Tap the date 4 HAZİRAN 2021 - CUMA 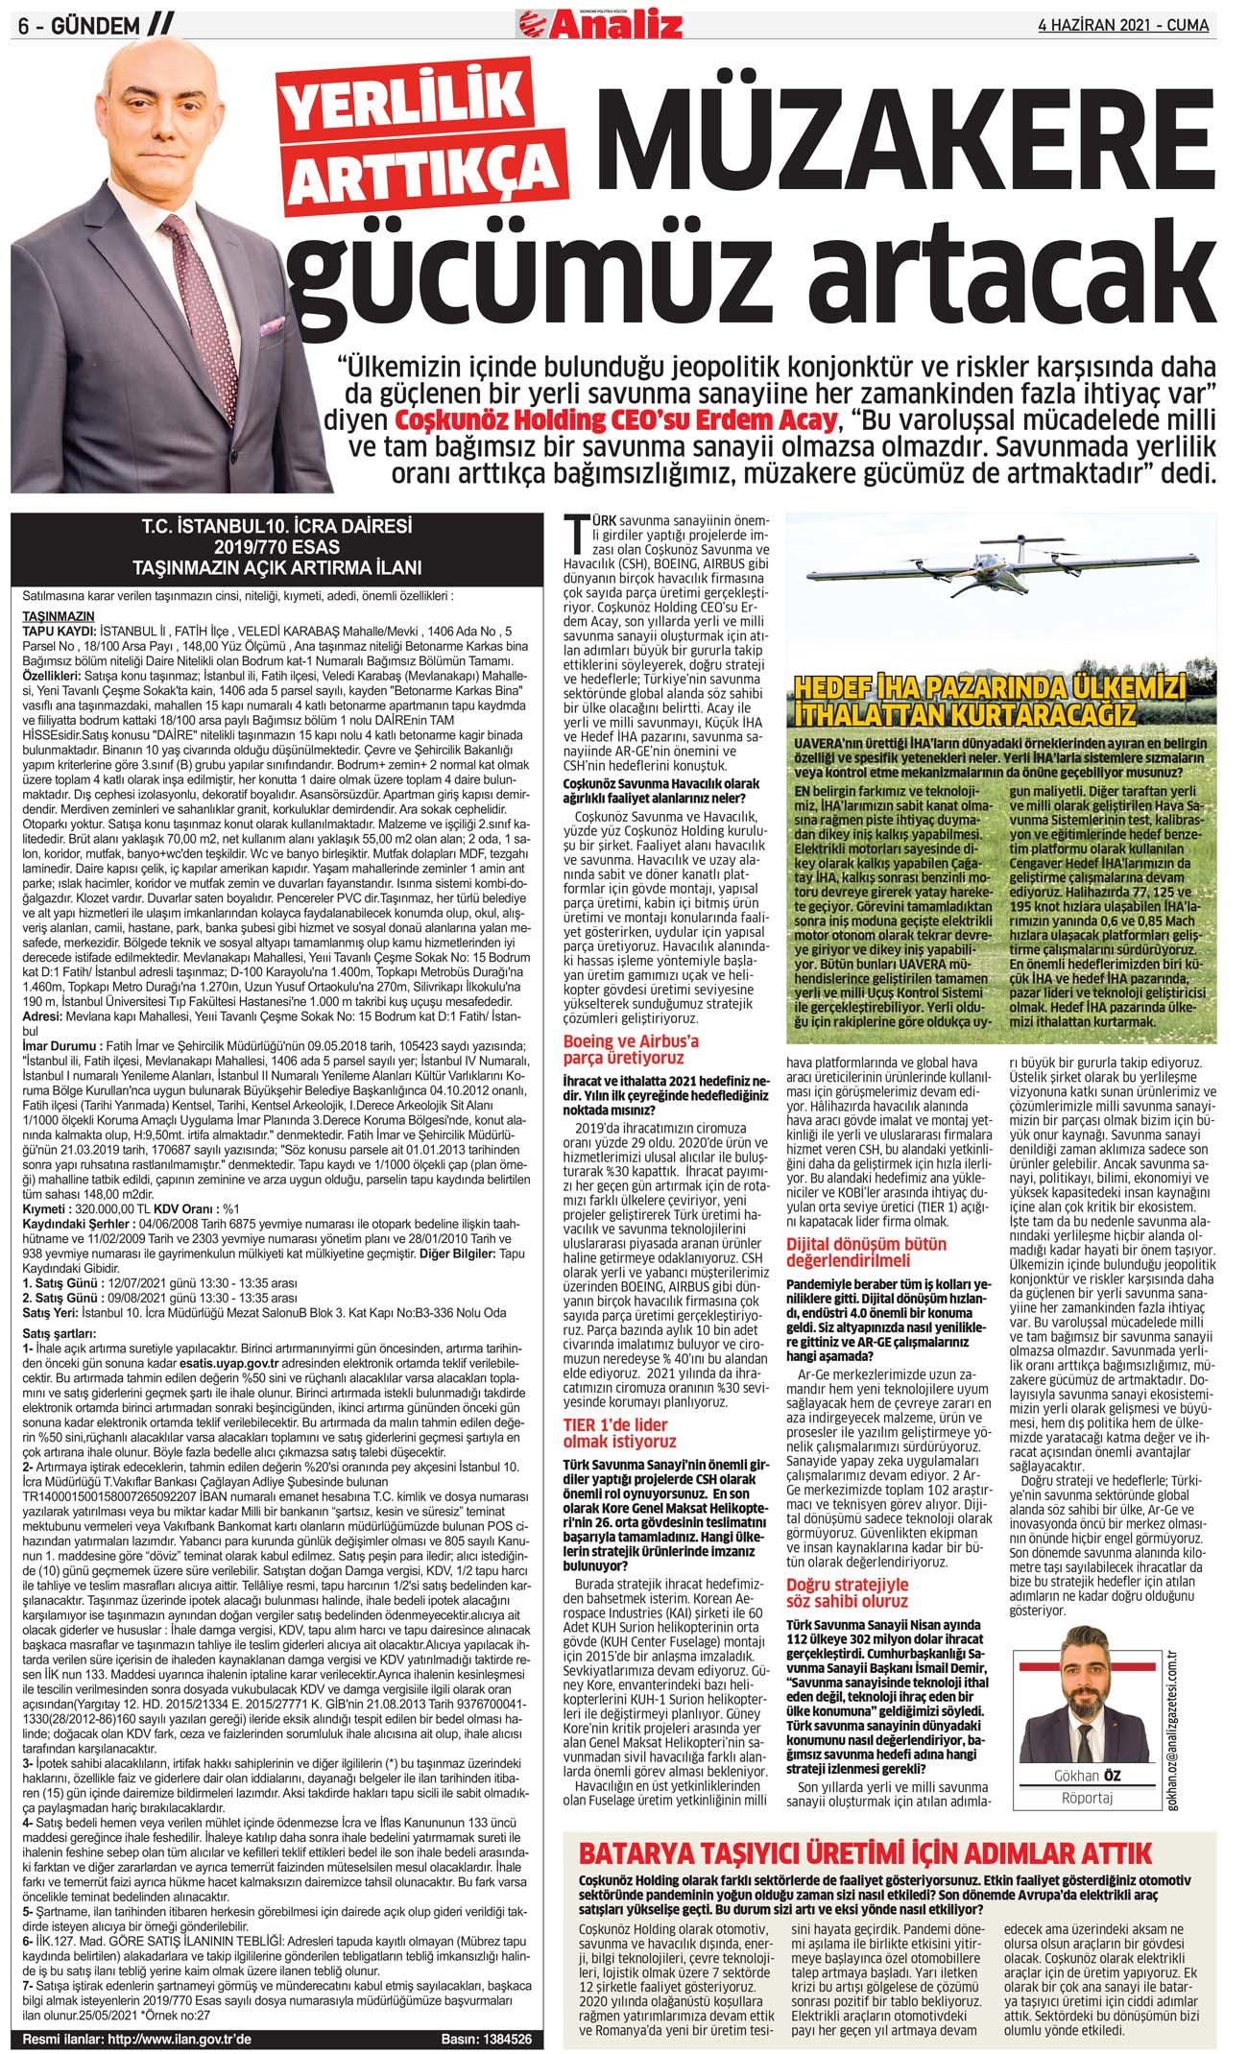tap(1123, 24)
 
